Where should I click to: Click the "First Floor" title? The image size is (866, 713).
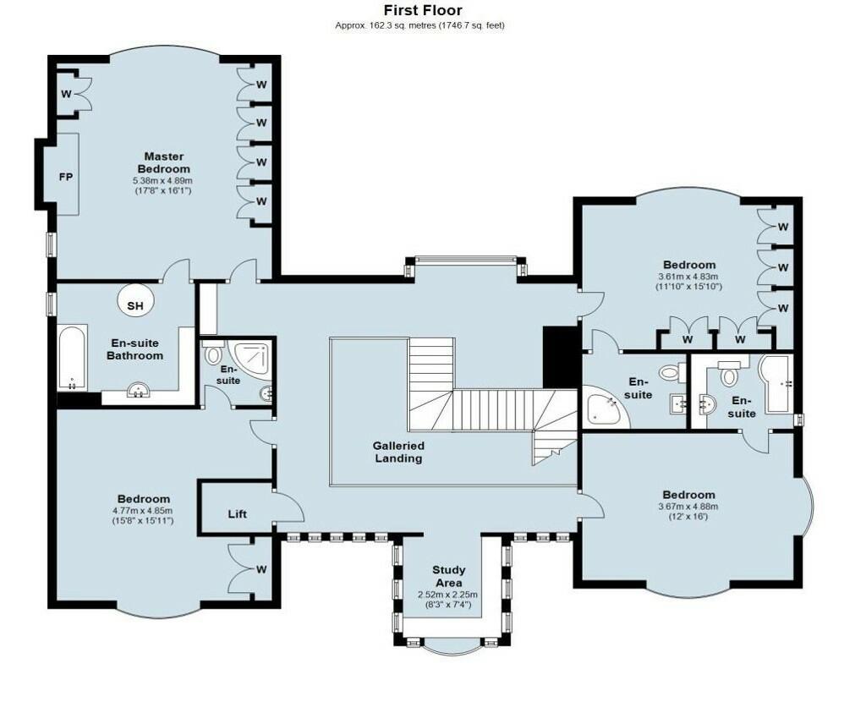(423, 10)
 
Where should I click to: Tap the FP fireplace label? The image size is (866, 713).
(66, 178)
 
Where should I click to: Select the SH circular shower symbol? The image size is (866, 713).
(135, 302)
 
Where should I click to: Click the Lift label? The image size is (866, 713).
(238, 514)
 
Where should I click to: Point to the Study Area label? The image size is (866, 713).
(448, 576)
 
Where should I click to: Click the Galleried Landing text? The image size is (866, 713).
(398, 452)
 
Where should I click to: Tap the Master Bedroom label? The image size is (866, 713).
(163, 163)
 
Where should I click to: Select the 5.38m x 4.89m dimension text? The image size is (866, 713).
(163, 181)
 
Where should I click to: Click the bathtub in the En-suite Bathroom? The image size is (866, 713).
(72, 358)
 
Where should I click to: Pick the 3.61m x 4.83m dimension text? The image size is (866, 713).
(688, 277)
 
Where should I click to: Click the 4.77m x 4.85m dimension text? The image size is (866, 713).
(142, 510)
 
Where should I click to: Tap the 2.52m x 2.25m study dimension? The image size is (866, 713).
(448, 595)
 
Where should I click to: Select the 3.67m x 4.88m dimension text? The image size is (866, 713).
(688, 507)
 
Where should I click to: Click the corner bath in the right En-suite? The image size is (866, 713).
(604, 407)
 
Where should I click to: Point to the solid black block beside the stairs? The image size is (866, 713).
(561, 357)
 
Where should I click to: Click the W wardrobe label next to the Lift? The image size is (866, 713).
(261, 569)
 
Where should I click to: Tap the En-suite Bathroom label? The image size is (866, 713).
(134, 349)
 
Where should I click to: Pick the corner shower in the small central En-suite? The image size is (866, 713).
(249, 360)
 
